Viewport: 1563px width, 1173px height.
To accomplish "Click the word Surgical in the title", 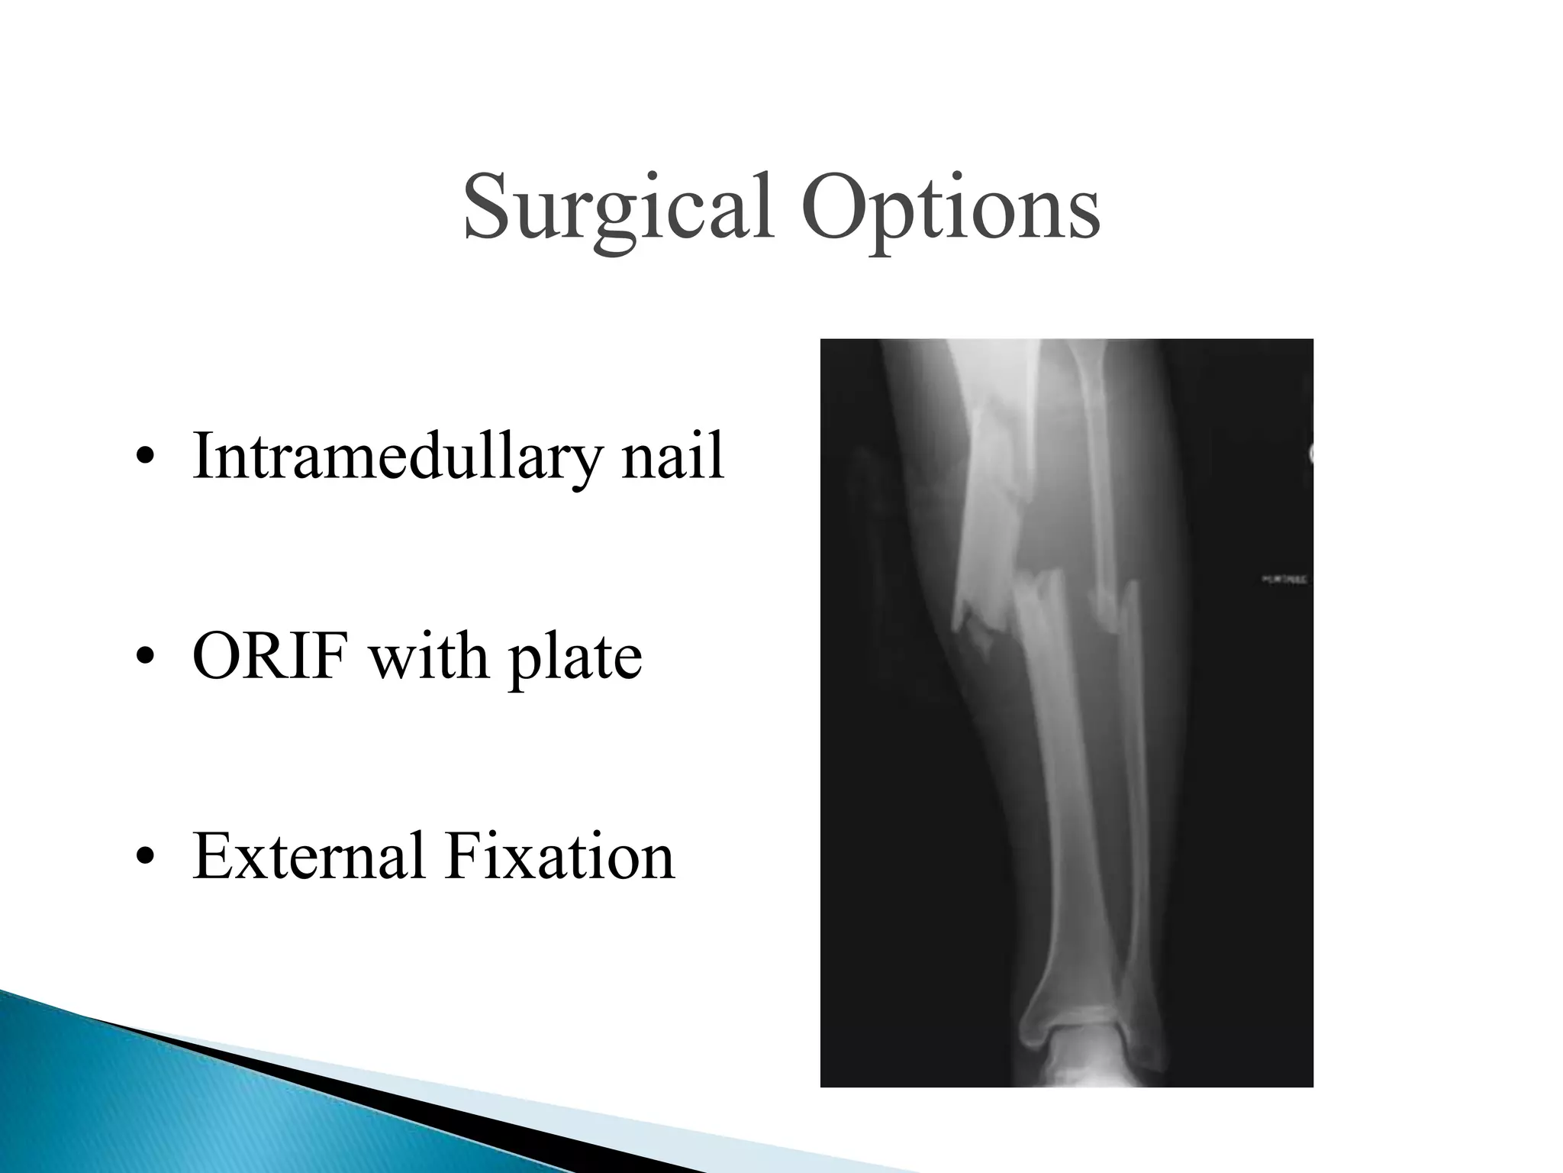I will click(617, 208).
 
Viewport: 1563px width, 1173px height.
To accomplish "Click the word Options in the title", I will click(949, 208).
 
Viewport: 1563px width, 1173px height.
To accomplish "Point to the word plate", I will click(576, 658).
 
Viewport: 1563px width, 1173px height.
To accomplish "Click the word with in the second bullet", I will click(428, 657).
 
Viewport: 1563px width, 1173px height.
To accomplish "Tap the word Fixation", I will click(560, 857).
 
